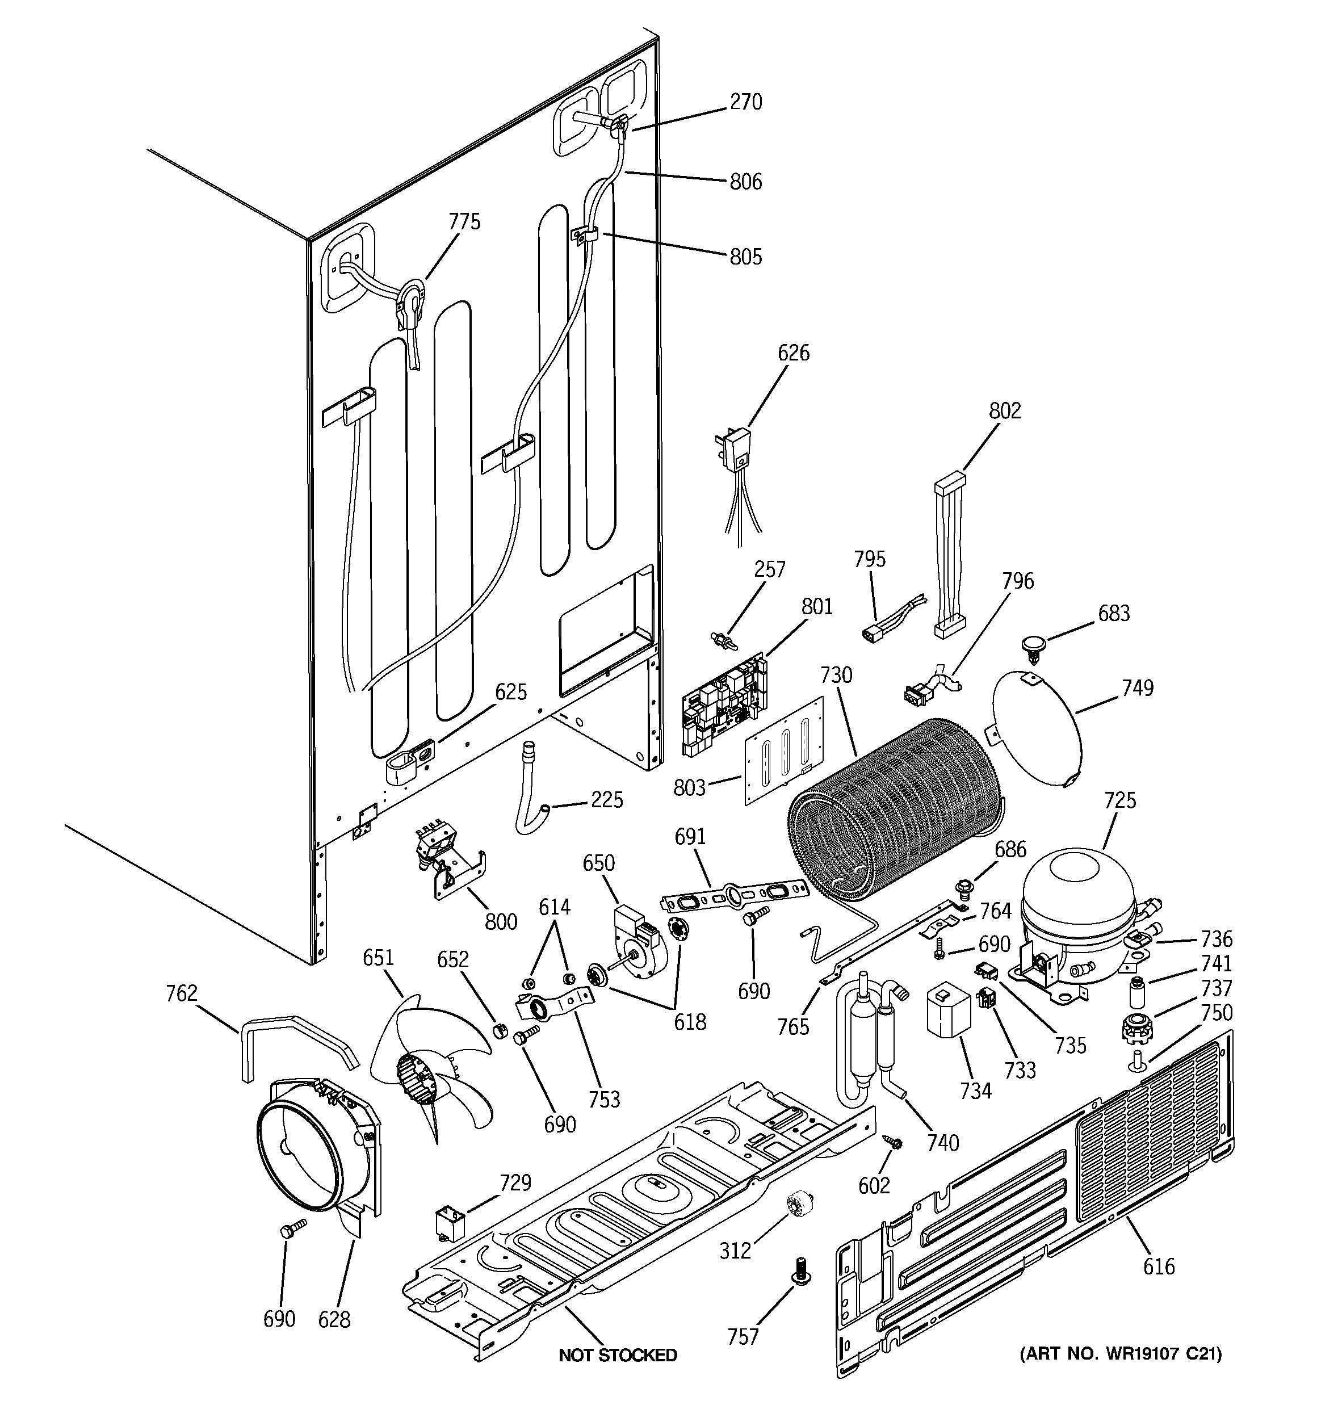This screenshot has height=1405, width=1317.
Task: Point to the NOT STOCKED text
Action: tap(618, 1355)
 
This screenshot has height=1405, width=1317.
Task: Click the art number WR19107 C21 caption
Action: tap(1120, 1354)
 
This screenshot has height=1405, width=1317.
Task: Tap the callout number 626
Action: tap(793, 353)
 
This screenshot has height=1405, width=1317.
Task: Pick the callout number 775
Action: tap(464, 222)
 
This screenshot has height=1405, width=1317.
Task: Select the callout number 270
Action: tap(746, 103)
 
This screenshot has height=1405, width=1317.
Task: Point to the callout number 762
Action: tap(182, 993)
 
